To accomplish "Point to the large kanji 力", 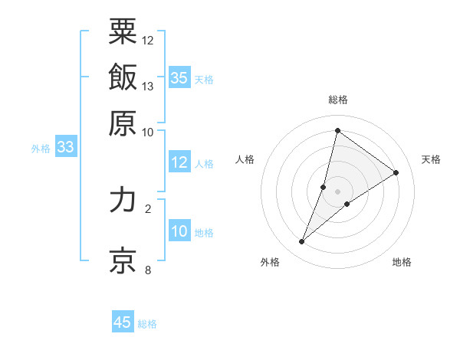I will [123, 200].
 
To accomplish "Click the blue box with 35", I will [179, 78].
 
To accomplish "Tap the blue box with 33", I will [65, 148].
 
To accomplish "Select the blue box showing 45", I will [123, 322].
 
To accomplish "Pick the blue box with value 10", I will [179, 231].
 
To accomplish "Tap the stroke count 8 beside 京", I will [148, 270].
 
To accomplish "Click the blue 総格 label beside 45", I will [147, 324].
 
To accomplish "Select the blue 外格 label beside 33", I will [41, 149].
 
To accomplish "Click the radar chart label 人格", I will [245, 159].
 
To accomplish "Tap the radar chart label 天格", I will [431, 159].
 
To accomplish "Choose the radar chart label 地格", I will [402, 262].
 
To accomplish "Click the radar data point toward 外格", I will [302, 242].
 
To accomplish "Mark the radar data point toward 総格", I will [337, 129].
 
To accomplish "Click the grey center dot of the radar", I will [337, 191].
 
